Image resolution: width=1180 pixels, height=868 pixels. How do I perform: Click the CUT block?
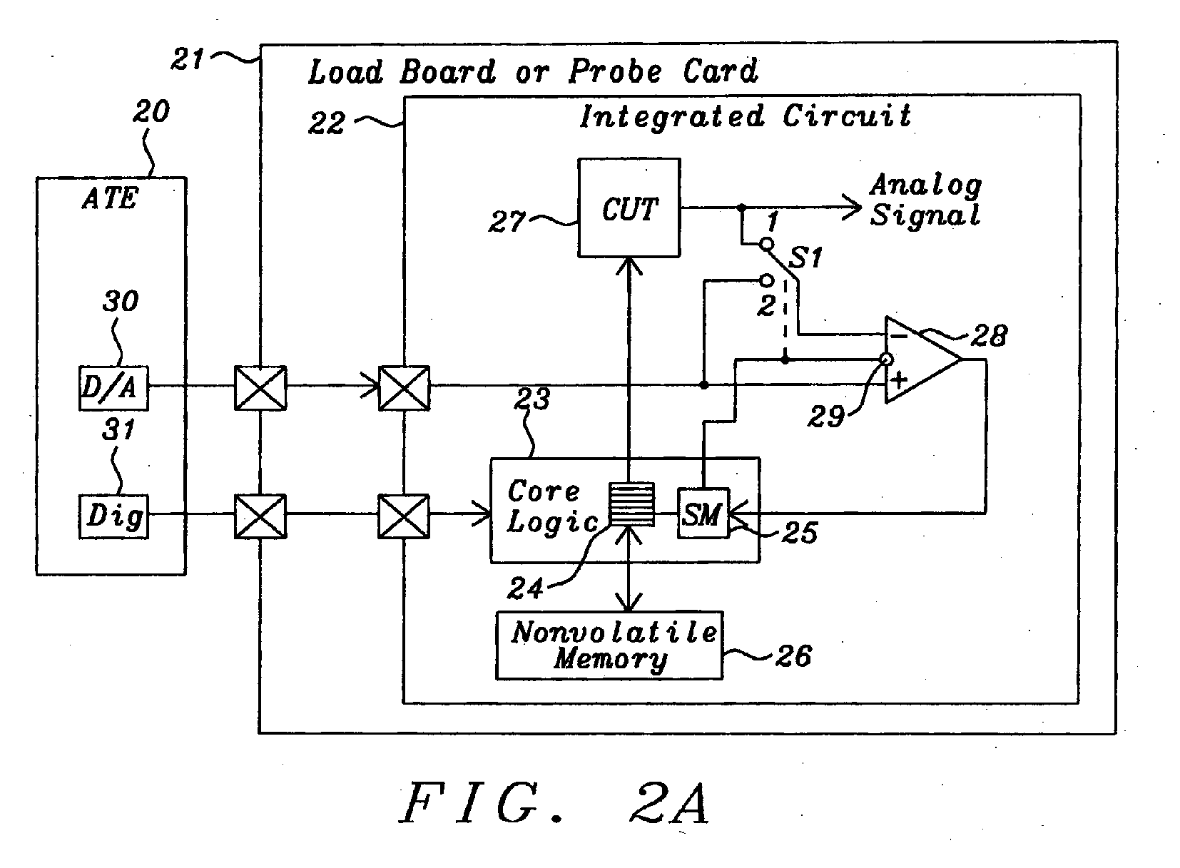(629, 208)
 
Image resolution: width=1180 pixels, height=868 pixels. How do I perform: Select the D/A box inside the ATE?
(113, 387)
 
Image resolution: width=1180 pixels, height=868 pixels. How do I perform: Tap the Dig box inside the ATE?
(113, 516)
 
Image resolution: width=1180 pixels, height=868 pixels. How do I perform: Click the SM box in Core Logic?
(703, 514)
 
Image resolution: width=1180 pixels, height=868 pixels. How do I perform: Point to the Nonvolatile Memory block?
(609, 645)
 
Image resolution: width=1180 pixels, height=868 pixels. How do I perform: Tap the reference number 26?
(793, 655)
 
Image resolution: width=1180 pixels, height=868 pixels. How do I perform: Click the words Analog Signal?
(925, 200)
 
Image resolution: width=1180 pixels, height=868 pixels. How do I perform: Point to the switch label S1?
(805, 257)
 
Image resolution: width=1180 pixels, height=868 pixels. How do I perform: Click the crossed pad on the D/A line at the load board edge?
(260, 387)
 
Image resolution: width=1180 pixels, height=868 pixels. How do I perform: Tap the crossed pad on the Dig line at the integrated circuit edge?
(404, 516)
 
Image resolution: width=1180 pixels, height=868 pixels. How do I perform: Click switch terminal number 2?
(766, 306)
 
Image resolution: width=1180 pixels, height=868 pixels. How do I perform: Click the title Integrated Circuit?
(745, 116)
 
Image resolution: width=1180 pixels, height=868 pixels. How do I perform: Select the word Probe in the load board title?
(614, 71)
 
